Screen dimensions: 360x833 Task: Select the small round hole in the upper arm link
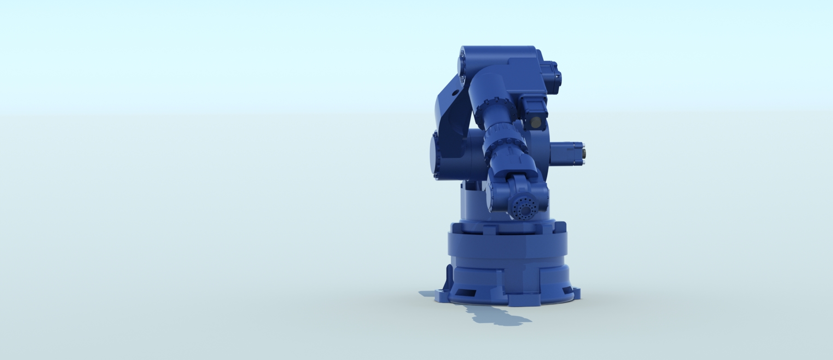coord(455,93)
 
